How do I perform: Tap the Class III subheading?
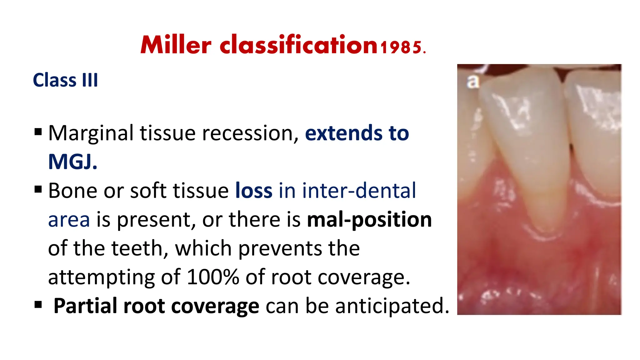coord(65,80)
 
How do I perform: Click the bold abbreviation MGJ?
coord(72,162)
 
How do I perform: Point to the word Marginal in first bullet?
coord(91,133)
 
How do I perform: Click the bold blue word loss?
coord(253,191)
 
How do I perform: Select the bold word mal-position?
coord(369,219)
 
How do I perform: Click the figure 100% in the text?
coord(212,277)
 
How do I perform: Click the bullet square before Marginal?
coord(38,132)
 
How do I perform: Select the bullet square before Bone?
coord(38,189)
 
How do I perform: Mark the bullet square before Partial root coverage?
coord(38,304)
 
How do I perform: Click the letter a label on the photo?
coord(472,82)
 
